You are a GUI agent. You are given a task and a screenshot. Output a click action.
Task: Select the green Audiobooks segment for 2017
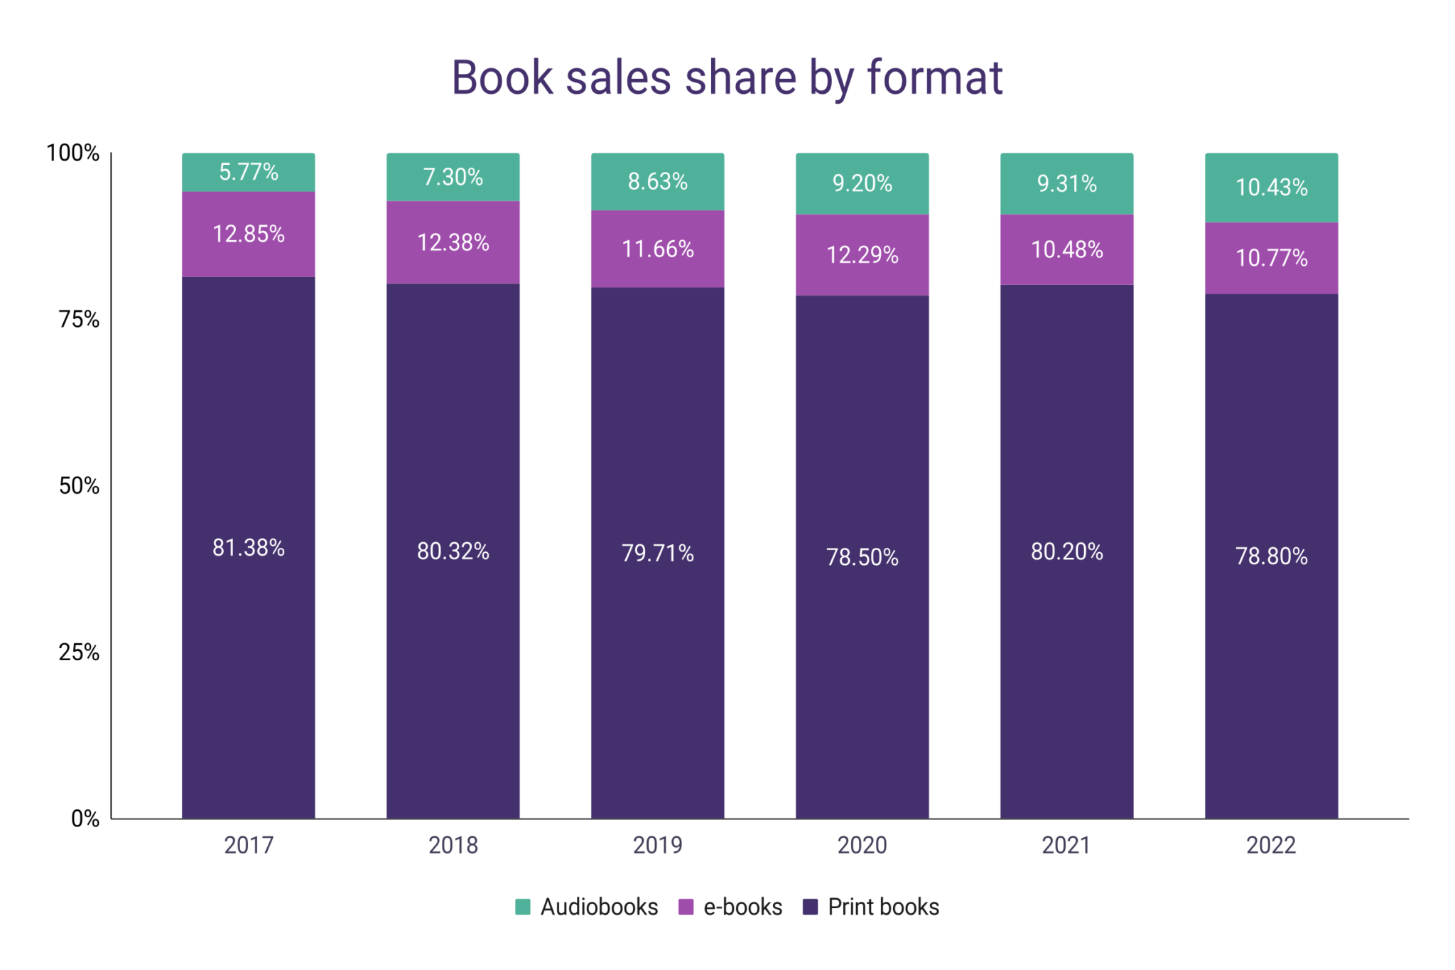[x=248, y=172]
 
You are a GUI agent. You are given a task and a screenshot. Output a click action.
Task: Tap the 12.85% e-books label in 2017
[x=248, y=234]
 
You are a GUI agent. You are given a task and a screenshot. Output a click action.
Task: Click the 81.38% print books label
[x=248, y=547]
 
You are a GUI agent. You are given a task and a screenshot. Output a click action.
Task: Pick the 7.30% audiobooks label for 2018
[x=453, y=176]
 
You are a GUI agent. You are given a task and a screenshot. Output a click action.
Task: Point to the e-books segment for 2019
[x=657, y=249]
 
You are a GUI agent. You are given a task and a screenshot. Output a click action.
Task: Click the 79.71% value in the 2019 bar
[x=657, y=553]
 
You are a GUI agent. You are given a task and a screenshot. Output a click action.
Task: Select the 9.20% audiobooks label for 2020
[x=862, y=183]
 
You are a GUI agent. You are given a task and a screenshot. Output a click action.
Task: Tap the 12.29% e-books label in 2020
[x=862, y=254]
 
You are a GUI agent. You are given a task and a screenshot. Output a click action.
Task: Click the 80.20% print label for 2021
[x=1066, y=551]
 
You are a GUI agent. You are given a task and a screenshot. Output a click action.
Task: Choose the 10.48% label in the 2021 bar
[x=1066, y=249]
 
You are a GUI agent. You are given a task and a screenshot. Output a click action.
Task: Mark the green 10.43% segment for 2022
[x=1271, y=187]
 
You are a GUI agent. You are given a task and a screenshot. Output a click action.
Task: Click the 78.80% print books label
[x=1271, y=556]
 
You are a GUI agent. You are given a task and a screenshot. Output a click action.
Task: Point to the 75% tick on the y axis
[x=79, y=319]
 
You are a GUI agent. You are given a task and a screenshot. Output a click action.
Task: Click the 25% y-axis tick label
[x=79, y=652]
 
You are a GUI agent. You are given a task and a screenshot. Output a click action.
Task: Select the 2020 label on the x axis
[x=862, y=845]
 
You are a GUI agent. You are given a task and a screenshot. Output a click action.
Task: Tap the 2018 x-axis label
[x=453, y=845]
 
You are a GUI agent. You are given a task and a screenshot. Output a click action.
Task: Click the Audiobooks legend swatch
[x=523, y=907]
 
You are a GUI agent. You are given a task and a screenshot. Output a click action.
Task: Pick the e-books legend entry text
[x=742, y=907]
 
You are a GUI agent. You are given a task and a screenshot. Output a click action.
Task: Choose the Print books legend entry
[x=883, y=907]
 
